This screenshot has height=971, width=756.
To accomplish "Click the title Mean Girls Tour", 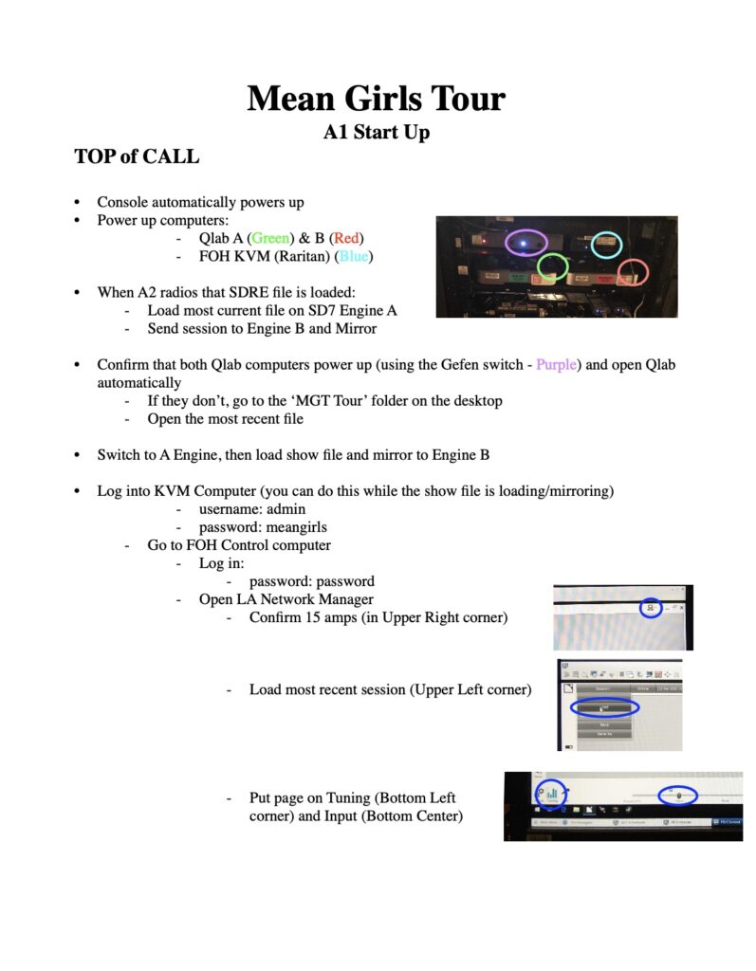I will click(377, 99).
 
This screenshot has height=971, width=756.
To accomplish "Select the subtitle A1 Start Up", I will click(377, 132).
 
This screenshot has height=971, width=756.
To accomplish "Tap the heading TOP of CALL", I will click(137, 156).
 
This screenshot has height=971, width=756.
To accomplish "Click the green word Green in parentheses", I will click(270, 238).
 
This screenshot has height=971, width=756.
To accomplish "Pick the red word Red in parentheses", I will click(346, 238).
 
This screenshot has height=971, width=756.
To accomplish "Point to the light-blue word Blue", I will click(354, 256).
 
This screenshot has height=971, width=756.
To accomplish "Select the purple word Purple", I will click(555, 365).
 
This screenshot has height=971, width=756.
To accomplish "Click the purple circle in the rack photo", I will click(525, 242).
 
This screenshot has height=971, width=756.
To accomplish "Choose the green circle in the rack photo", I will click(552, 267).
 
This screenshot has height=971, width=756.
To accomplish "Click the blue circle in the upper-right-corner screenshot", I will click(650, 607).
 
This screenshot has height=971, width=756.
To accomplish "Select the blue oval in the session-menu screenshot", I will click(604, 707).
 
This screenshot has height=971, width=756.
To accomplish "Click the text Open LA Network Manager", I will click(286, 599).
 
